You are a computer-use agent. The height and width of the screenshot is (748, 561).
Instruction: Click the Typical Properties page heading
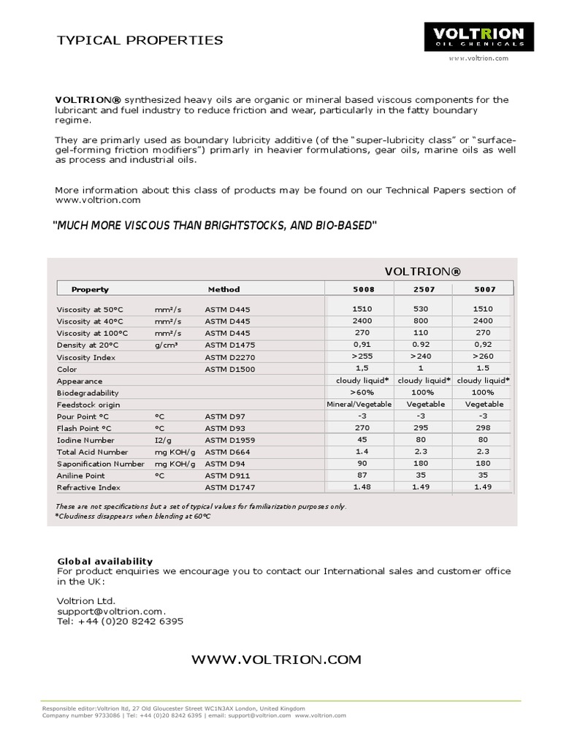(140, 40)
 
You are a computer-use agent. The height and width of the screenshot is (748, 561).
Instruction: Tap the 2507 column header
(424, 289)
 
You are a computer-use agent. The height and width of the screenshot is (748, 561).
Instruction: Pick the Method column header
(224, 289)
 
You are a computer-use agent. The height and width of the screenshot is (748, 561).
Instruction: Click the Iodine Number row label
(85, 440)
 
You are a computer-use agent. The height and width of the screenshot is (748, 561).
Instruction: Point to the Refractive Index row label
(88, 487)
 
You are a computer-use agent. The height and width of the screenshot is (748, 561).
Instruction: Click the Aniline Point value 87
(361, 476)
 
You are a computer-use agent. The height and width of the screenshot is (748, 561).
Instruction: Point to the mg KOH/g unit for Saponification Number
(175, 464)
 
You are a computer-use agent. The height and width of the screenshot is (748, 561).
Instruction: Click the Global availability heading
(105, 561)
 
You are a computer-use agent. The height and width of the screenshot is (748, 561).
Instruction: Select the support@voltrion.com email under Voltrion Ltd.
(111, 611)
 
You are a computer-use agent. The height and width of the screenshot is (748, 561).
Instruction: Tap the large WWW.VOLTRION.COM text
(276, 660)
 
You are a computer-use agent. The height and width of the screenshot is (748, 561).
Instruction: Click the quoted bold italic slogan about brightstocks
(215, 226)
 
